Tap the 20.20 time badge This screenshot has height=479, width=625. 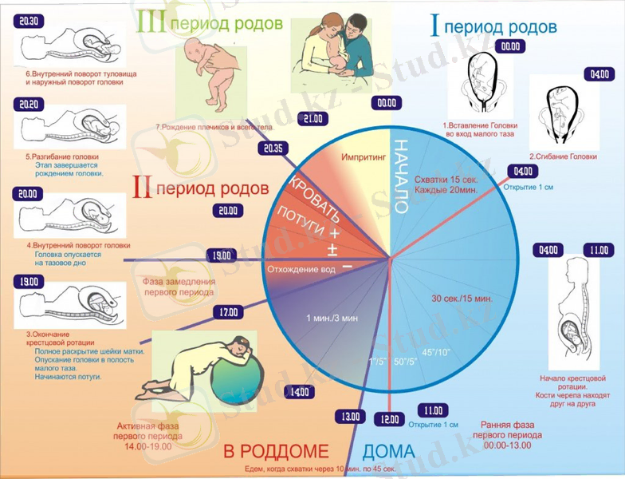point(29,105)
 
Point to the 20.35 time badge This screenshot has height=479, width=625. point(273,148)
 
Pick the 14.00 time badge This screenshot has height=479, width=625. point(300,392)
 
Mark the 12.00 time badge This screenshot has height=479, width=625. point(390,419)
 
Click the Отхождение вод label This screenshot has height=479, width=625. point(301,269)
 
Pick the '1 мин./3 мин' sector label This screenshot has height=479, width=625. point(332,319)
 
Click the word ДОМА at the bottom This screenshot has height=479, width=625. point(389,453)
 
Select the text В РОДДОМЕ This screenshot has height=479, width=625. point(275,452)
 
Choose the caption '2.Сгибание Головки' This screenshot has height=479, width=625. point(563,157)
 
